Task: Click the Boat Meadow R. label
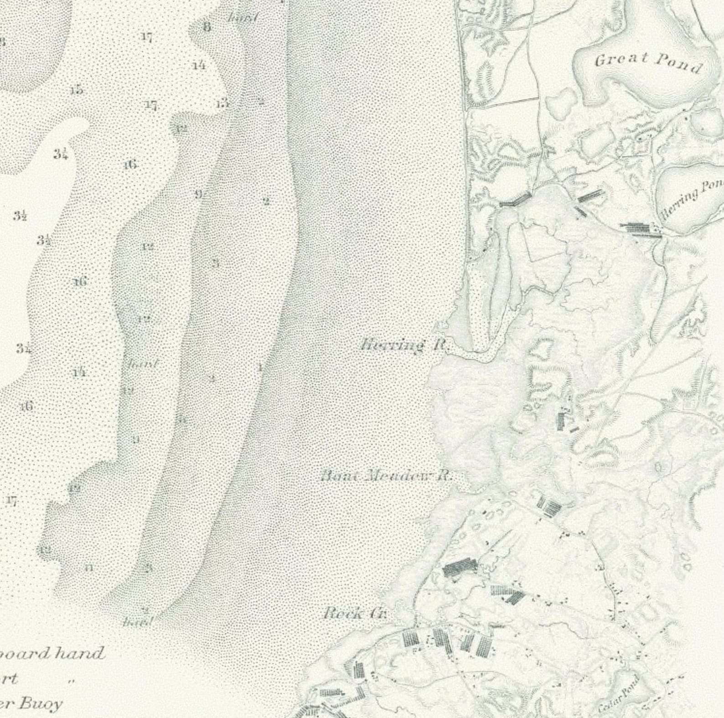tap(386, 476)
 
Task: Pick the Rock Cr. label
tap(354, 614)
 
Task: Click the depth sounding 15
tap(77, 90)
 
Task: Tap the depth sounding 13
tap(222, 103)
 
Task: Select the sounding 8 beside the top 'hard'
tap(207, 27)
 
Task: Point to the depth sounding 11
tap(89, 568)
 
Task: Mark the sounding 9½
tap(200, 195)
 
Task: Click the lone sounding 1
tap(260, 367)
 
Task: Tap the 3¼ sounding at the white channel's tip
tap(61, 154)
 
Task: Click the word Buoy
tap(40, 703)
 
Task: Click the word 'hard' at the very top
tap(243, 18)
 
